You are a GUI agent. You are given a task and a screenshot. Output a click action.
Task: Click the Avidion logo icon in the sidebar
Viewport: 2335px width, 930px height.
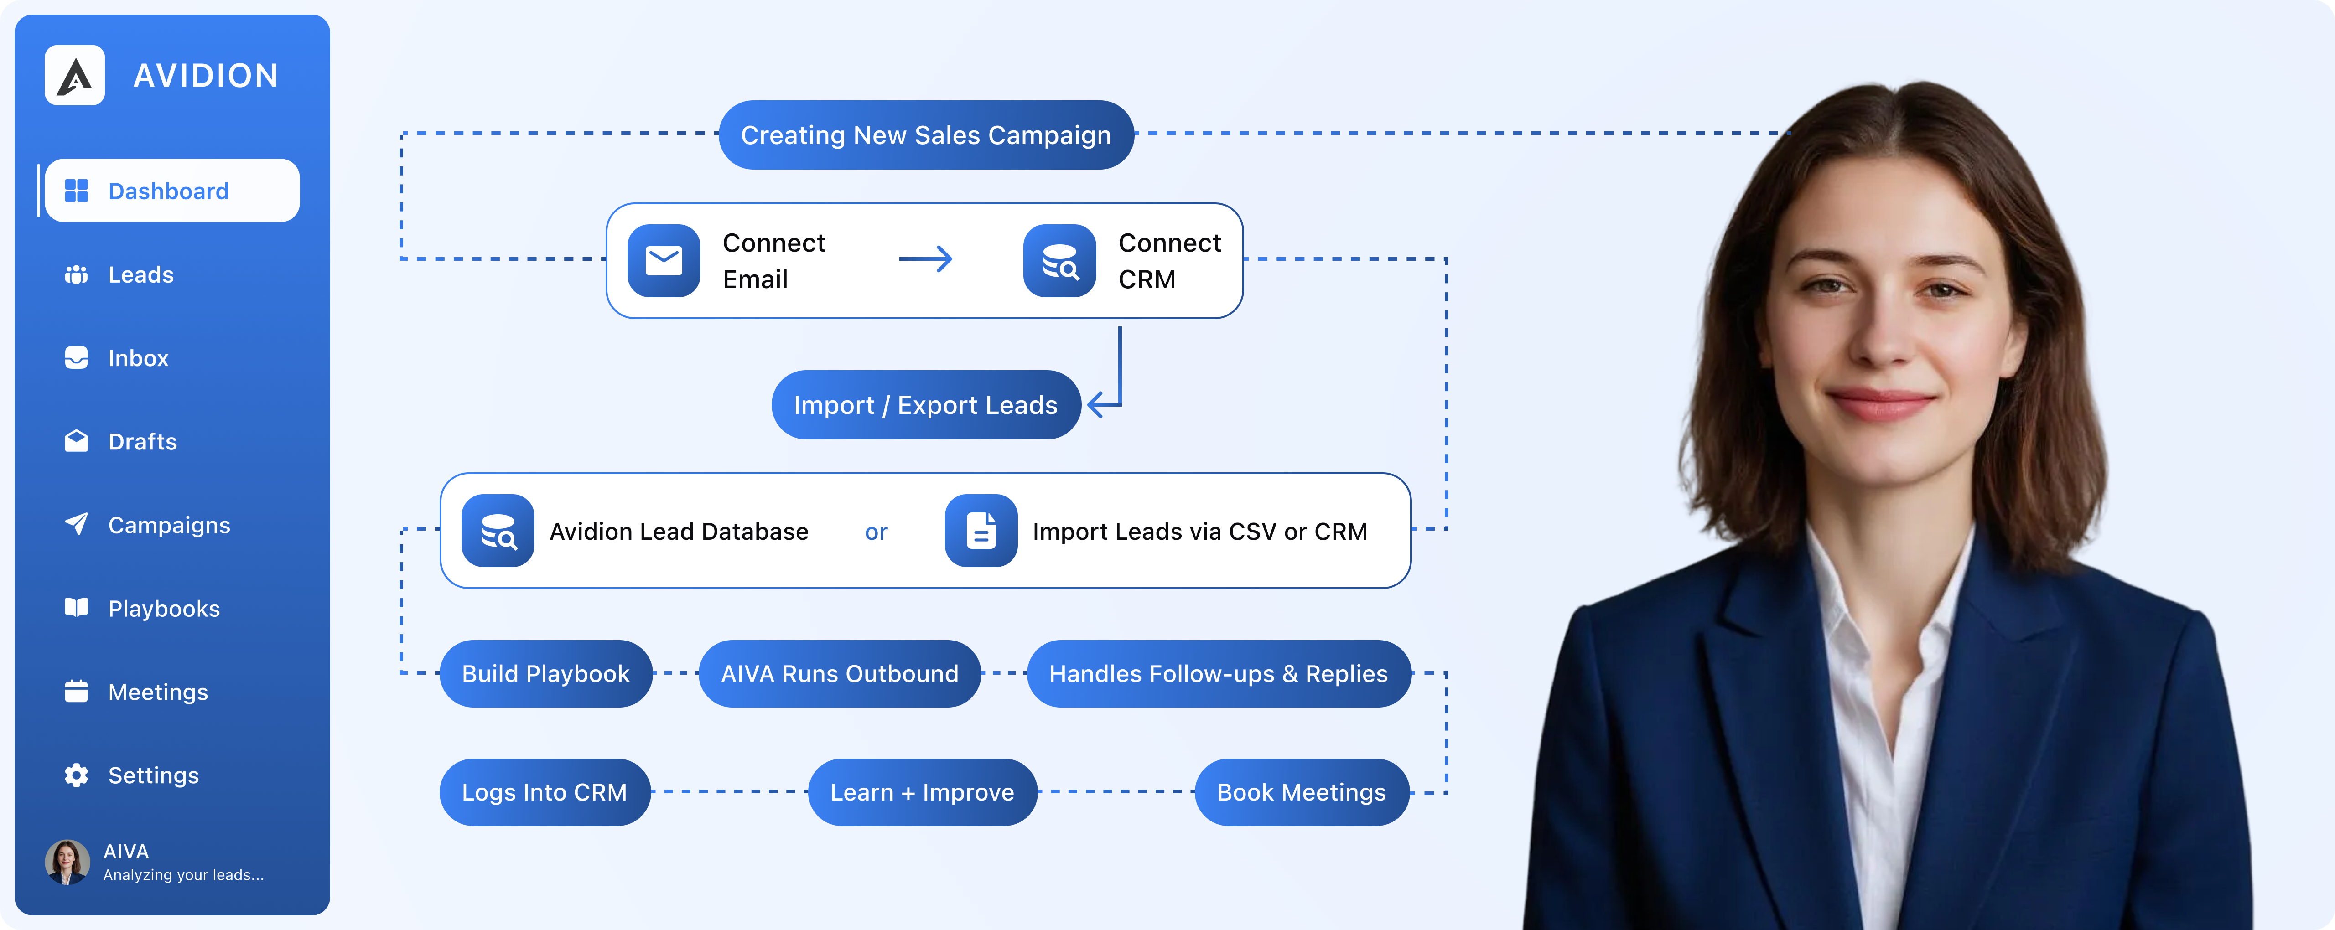click(74, 75)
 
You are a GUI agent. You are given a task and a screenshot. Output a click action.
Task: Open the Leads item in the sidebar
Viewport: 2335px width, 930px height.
click(140, 274)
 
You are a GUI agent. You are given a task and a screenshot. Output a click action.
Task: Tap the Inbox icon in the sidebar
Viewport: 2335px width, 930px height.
click(76, 358)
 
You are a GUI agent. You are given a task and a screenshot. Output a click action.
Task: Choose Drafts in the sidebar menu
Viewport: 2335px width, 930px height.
click(142, 441)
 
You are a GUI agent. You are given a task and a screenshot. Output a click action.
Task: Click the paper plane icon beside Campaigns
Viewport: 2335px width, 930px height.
click(76, 524)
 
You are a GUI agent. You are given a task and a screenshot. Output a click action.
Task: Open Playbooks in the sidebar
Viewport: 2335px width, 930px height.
click(163, 608)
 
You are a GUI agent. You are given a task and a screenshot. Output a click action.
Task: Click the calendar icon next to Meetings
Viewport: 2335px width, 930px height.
click(76, 692)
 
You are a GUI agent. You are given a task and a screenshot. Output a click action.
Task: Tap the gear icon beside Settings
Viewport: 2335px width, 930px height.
click(76, 775)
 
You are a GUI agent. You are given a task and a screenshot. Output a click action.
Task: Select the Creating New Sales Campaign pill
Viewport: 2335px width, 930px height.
click(925, 135)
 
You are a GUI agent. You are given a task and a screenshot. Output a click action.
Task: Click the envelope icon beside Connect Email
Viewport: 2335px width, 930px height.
click(664, 261)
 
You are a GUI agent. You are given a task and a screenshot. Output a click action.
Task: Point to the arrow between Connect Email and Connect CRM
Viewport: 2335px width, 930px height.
click(925, 259)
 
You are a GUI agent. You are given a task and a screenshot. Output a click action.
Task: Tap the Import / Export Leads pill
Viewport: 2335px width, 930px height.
click(925, 405)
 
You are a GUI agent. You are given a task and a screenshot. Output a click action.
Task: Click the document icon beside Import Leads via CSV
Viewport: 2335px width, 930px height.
click(981, 531)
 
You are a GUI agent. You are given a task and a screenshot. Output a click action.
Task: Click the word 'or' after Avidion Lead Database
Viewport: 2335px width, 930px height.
click(876, 532)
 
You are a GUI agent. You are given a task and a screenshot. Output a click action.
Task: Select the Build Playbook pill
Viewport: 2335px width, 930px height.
click(546, 673)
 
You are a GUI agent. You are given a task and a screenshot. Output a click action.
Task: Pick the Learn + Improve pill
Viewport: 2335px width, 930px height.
click(922, 792)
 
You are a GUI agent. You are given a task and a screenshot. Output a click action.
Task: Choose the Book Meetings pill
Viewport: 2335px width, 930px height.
click(1301, 792)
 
